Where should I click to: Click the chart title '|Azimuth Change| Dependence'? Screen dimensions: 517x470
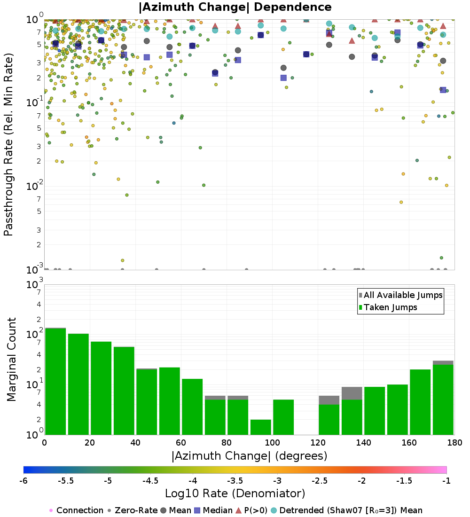point(235,8)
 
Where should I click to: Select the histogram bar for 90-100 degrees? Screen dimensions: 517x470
point(260,427)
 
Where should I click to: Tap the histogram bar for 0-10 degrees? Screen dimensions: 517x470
point(55,381)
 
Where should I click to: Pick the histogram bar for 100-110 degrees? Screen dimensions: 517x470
point(283,417)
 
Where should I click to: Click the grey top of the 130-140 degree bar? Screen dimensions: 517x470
point(352,393)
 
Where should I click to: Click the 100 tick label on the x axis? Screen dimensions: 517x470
point(272,443)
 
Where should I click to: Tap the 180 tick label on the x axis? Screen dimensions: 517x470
point(454,443)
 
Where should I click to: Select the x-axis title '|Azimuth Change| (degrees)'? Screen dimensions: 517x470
point(249,456)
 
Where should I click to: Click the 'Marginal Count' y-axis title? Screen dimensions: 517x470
point(11,360)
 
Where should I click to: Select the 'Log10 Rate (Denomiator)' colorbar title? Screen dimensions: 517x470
point(235,493)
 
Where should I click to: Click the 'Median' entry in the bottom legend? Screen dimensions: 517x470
point(217,510)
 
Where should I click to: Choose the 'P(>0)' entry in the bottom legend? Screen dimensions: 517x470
point(256,510)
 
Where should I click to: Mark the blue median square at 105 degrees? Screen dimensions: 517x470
point(283,78)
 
